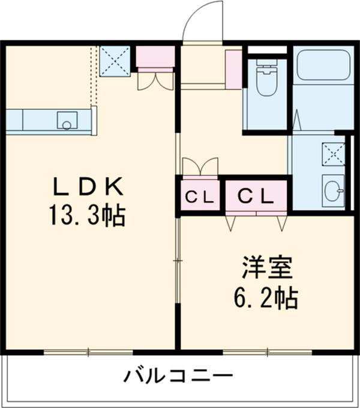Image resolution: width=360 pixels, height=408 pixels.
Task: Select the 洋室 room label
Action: [x=267, y=268]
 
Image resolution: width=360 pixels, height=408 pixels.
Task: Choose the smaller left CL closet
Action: [x=199, y=196]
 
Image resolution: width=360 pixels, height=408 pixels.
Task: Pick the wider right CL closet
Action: [x=256, y=196]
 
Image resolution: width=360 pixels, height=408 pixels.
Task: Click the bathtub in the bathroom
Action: [x=323, y=64]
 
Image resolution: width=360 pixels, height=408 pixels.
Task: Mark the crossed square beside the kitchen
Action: [x=115, y=60]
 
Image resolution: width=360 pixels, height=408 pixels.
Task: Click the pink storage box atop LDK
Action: [x=155, y=57]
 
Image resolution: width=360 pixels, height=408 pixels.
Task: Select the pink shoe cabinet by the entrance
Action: [x=233, y=69]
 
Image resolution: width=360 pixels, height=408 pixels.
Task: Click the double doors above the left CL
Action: [x=200, y=166]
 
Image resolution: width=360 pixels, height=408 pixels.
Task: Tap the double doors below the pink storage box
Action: [x=155, y=80]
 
